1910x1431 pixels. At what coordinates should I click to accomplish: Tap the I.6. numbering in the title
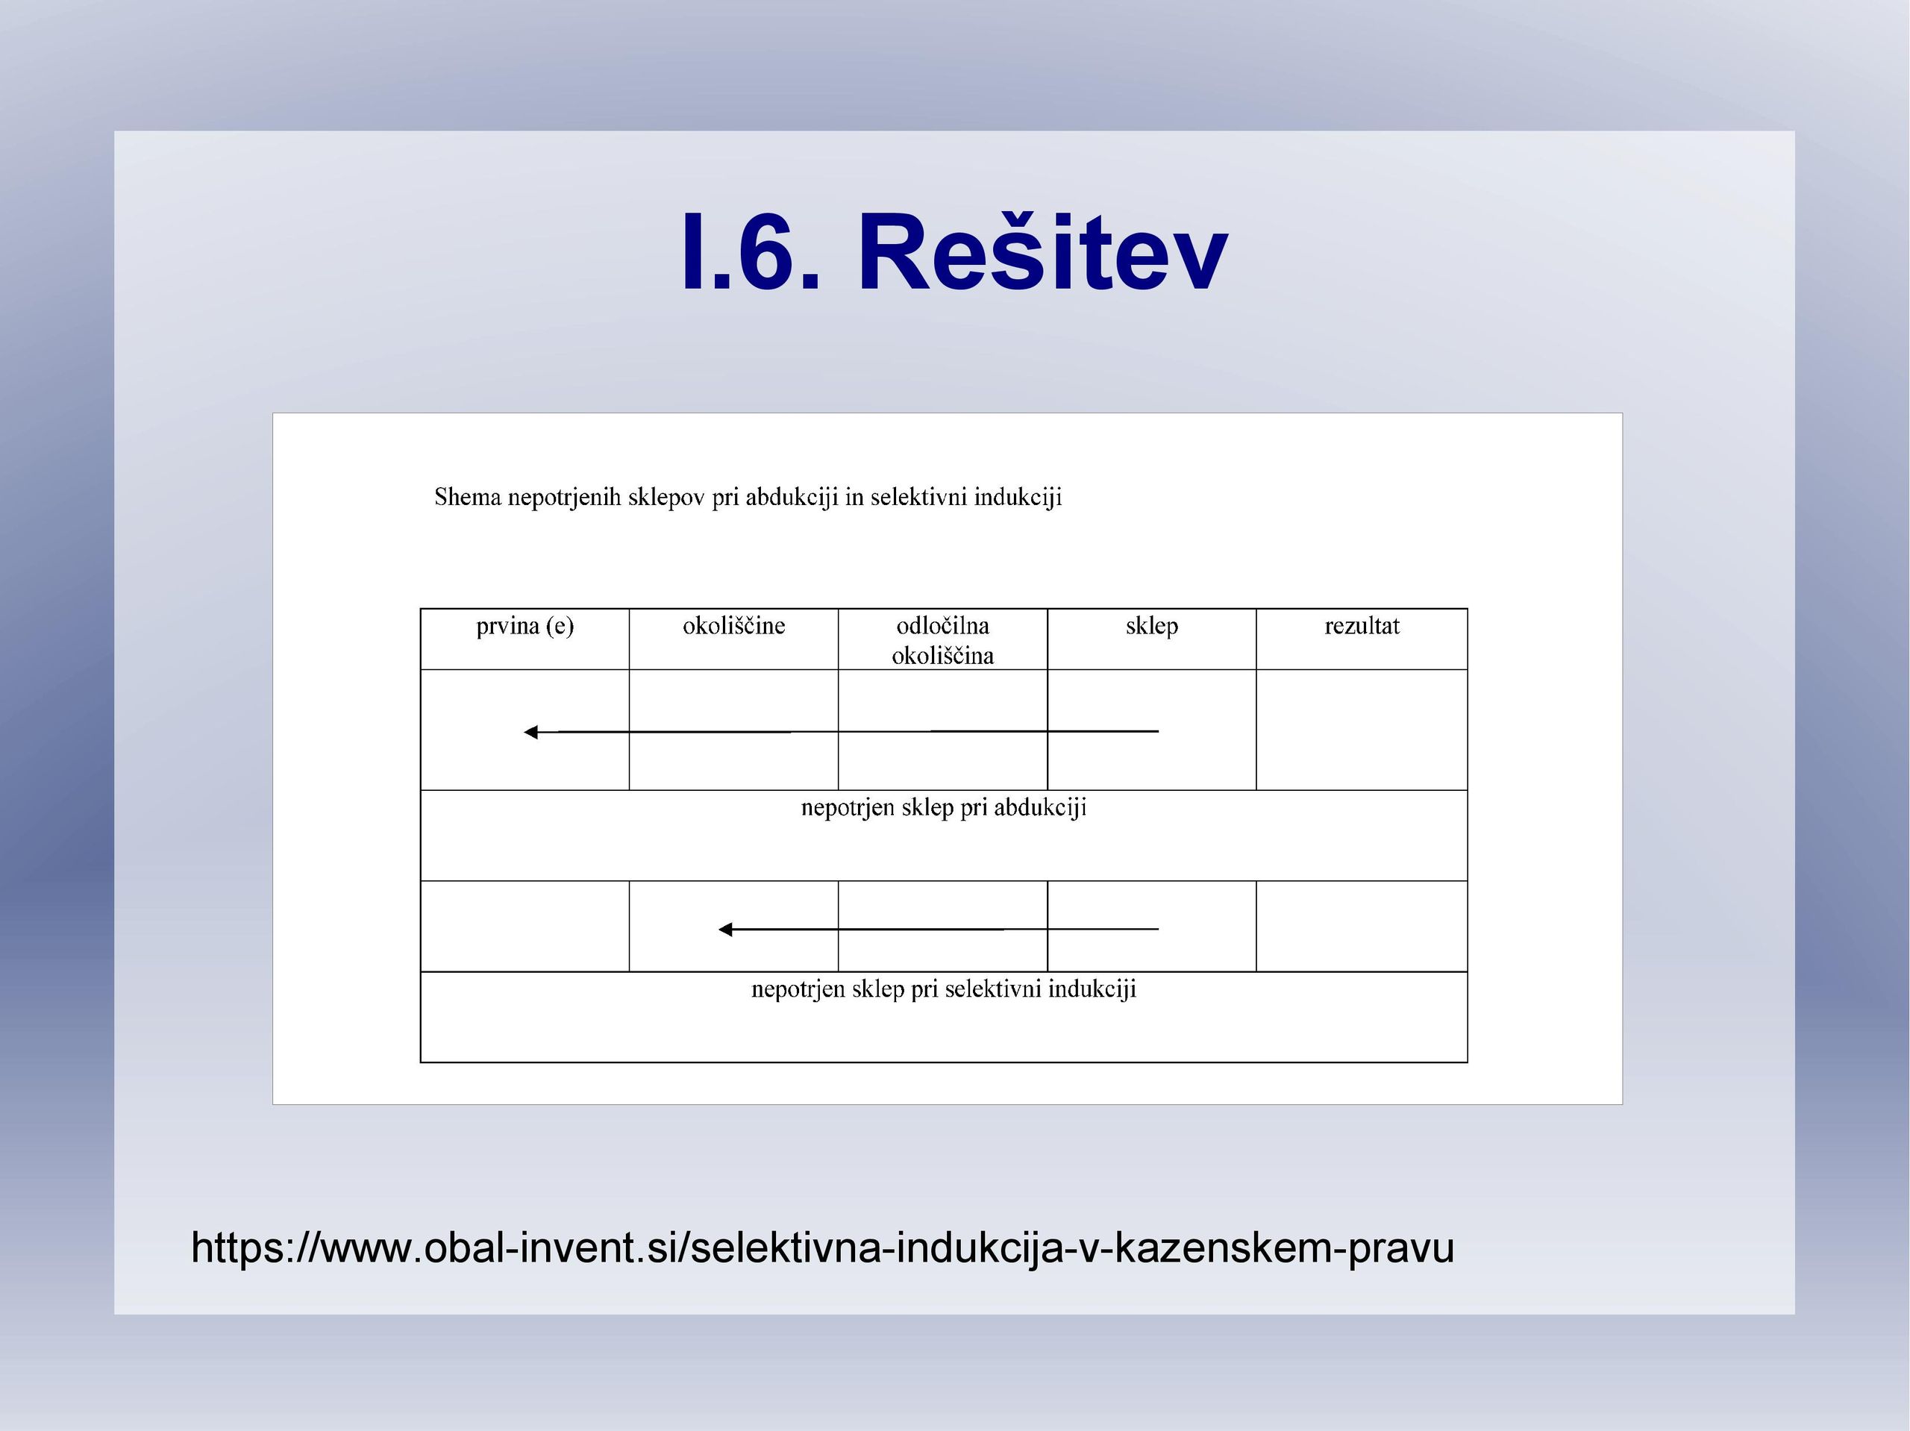coord(751,253)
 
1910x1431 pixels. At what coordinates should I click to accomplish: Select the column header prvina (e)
coord(525,626)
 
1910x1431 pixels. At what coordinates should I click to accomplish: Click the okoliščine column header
coord(734,626)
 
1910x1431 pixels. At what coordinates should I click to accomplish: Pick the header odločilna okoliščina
coord(943,641)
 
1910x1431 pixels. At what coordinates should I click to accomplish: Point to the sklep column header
coord(1152,627)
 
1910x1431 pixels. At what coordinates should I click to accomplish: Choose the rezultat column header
coord(1362,626)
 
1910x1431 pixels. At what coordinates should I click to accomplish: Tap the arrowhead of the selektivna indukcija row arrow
coord(725,929)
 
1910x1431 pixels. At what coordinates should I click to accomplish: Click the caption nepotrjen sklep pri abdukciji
coord(944,808)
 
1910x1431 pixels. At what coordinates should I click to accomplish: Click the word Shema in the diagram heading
coord(467,498)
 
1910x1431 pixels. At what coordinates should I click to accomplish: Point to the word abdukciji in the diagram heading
coord(792,498)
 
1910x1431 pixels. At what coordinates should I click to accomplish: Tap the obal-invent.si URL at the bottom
coord(823,1248)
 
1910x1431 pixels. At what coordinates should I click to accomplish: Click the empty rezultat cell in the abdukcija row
coord(1362,730)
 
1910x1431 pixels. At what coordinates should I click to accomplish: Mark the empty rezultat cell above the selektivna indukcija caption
coord(1362,926)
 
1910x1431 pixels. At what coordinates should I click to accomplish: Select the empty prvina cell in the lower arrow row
coord(525,926)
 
